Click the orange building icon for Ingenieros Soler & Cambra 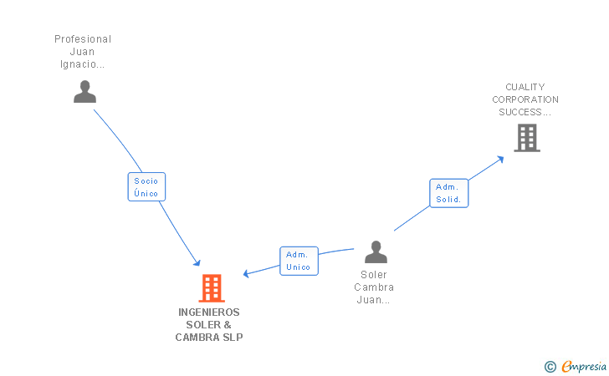coord(211,288)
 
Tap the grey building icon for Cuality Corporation coord(526,138)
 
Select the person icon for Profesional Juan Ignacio coord(84,91)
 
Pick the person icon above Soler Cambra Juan coord(376,252)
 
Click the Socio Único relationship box coord(146,186)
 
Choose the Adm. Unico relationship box coord(299,261)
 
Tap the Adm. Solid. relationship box coord(448,193)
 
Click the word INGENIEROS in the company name coord(208,312)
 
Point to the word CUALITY coord(525,87)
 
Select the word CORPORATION coord(525,99)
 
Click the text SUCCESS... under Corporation coord(525,111)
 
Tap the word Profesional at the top coord(83,39)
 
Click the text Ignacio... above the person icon coord(83,64)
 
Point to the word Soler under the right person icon coord(374,274)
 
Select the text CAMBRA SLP coord(208,337)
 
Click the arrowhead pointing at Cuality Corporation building coord(500,158)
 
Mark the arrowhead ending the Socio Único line coord(197,262)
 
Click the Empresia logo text coord(584,366)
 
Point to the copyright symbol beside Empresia coord(550,366)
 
